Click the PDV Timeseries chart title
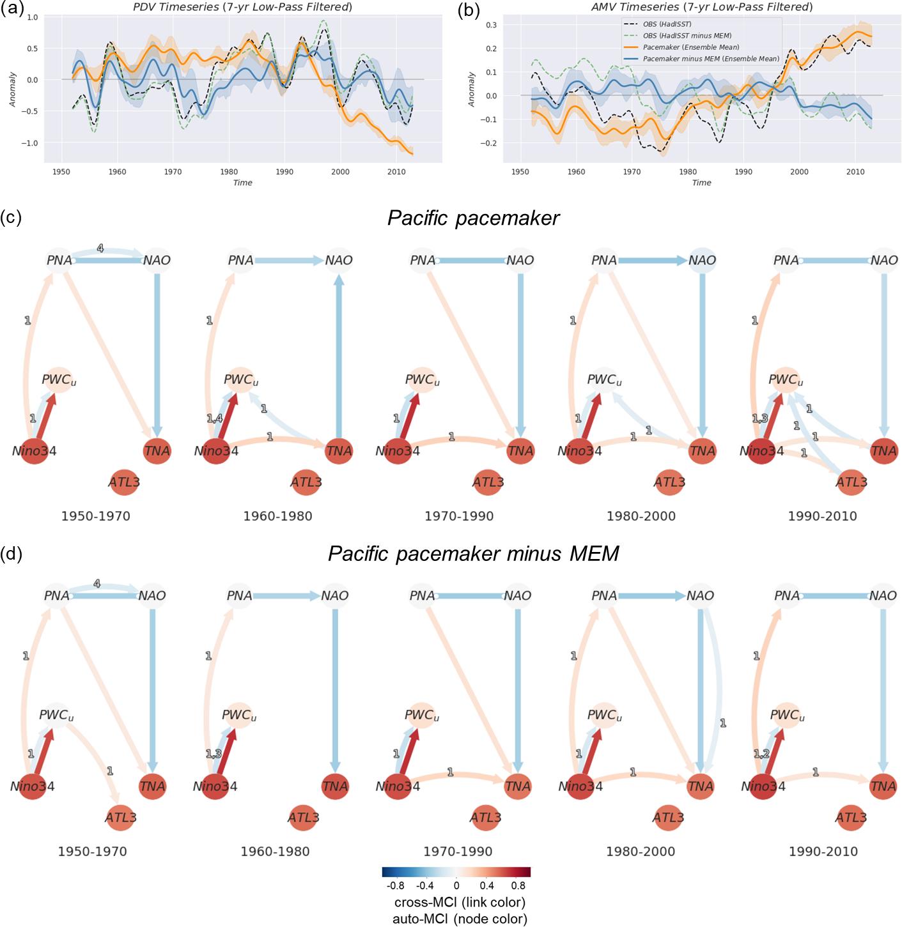click(x=242, y=7)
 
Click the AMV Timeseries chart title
click(x=702, y=7)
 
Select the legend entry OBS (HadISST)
click(x=667, y=24)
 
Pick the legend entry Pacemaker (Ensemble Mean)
click(x=690, y=47)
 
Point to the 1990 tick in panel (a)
click(x=284, y=172)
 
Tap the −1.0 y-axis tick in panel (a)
click(x=30, y=143)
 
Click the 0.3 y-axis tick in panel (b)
click(x=491, y=25)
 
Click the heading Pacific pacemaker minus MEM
click(x=473, y=553)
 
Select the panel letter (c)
click(x=11, y=217)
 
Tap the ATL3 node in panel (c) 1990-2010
click(x=851, y=482)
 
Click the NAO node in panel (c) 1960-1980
click(x=339, y=260)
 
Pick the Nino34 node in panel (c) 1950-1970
click(x=35, y=451)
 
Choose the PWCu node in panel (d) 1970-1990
click(x=422, y=716)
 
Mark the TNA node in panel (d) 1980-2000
click(x=701, y=786)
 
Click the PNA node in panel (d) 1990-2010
click(x=787, y=595)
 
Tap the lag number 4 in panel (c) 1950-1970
click(x=100, y=249)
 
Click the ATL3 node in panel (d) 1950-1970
click(x=121, y=818)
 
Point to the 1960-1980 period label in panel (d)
click(x=275, y=852)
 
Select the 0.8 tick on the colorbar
click(x=518, y=885)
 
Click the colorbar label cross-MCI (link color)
click(x=460, y=902)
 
